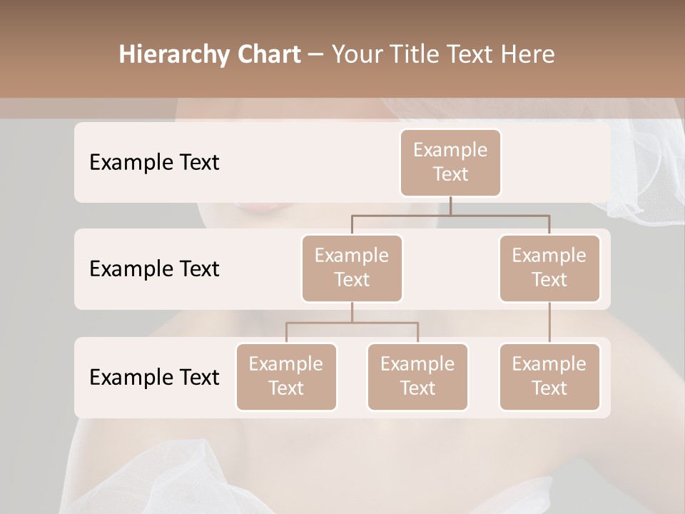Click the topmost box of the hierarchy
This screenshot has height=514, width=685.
[x=450, y=162]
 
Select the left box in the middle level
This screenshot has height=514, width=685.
[x=352, y=268]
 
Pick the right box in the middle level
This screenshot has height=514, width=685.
[x=549, y=268]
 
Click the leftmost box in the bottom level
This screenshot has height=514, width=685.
[x=286, y=376]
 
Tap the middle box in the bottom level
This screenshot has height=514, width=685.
[x=417, y=376]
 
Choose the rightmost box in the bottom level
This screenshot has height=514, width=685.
[x=549, y=376]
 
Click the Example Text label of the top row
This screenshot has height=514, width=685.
[x=154, y=163]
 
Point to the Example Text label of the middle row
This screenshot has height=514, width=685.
[x=154, y=269]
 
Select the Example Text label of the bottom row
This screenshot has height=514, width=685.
[x=154, y=378]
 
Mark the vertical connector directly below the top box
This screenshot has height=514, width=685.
[x=450, y=206]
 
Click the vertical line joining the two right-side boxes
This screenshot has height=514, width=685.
[x=549, y=323]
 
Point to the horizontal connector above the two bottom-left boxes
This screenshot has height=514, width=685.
[x=352, y=323]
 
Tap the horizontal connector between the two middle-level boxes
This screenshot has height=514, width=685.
[x=450, y=215]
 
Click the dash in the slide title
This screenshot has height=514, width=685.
[x=315, y=55]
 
